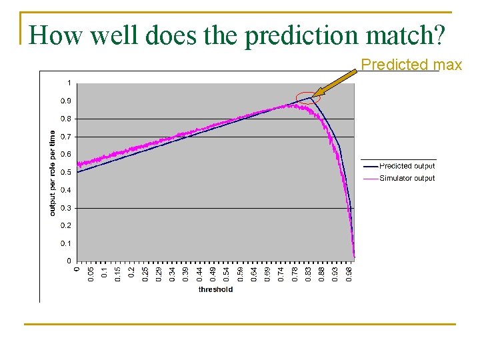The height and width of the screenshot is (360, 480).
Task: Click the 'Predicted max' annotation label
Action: [411, 65]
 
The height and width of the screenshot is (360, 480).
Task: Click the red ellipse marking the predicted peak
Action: [308, 98]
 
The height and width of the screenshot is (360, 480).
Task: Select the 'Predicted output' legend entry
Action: [407, 166]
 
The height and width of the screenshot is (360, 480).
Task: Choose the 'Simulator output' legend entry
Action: [407, 178]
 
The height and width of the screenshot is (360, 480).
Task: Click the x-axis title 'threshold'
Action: [216, 289]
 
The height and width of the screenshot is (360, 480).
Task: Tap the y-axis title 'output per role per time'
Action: [53, 172]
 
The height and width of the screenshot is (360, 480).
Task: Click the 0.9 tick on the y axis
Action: [67, 101]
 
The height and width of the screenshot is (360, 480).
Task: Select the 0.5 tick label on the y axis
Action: [67, 172]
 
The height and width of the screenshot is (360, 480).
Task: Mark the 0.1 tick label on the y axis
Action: [67, 243]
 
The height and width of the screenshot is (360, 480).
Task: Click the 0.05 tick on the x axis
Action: [91, 273]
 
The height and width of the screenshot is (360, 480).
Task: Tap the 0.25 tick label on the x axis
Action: [145, 273]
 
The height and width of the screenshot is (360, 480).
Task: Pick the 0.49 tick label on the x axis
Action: [213, 273]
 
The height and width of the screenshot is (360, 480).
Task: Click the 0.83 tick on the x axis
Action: [307, 273]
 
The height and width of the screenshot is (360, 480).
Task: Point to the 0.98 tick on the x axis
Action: [348, 273]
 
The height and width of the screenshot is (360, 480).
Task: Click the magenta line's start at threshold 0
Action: [79, 163]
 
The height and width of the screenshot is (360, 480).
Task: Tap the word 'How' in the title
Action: [53, 35]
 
